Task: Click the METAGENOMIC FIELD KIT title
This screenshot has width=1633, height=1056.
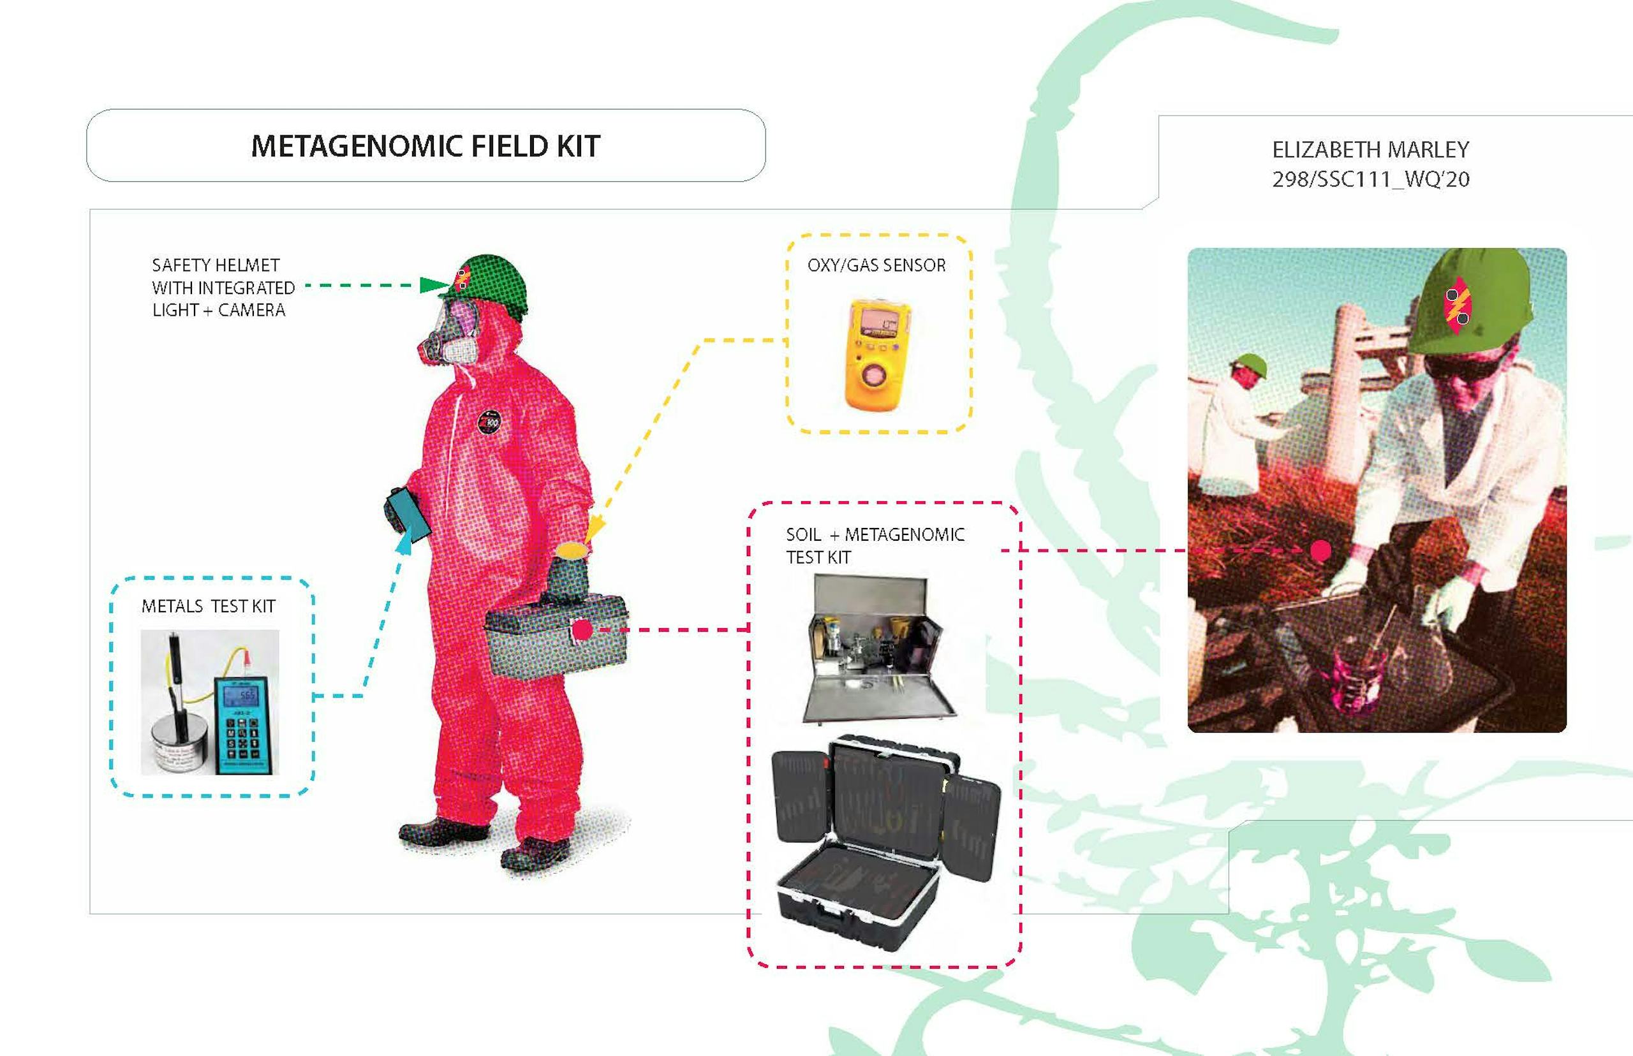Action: [425, 146]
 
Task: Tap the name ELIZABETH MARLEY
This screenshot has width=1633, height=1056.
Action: [1370, 149]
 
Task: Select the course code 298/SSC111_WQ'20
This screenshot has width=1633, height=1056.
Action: [1370, 179]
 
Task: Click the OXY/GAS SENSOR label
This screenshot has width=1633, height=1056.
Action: [876, 265]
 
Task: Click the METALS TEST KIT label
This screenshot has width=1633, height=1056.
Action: [209, 606]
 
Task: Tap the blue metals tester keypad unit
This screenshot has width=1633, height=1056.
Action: [246, 726]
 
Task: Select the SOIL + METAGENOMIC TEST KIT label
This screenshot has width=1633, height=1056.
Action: [875, 546]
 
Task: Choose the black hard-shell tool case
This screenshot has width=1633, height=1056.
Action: [885, 842]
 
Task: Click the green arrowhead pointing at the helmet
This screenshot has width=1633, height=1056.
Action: [435, 285]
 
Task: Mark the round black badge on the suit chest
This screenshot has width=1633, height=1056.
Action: [489, 421]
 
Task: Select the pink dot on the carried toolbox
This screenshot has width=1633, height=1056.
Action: [582, 629]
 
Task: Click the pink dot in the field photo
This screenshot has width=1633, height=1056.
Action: [1321, 550]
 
